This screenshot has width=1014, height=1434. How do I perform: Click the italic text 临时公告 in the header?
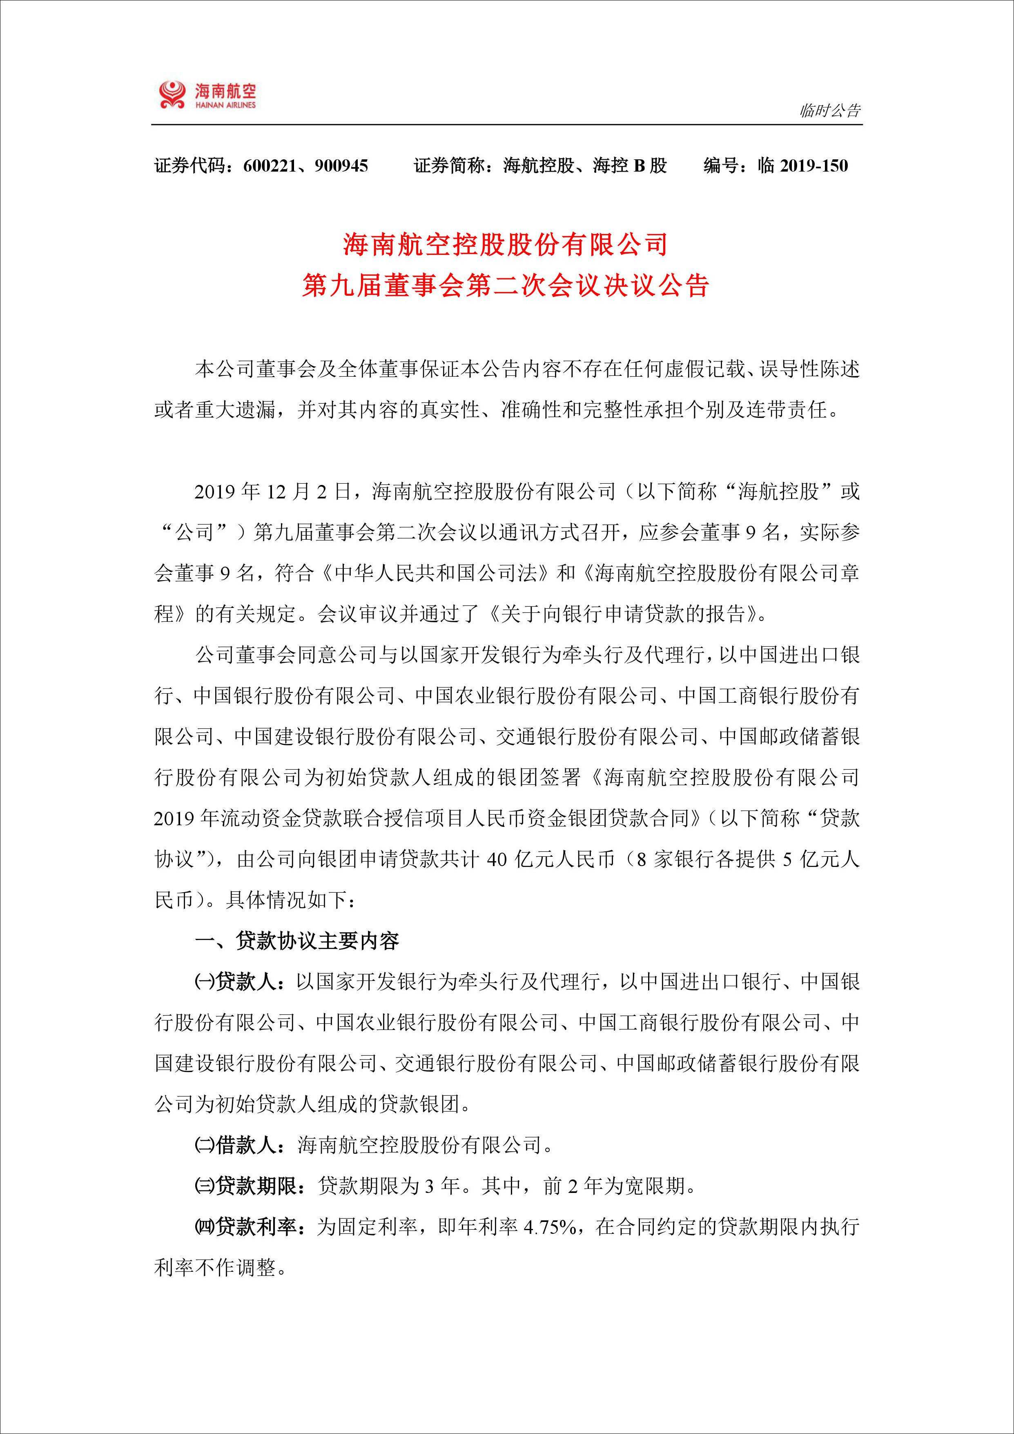pyautogui.click(x=830, y=111)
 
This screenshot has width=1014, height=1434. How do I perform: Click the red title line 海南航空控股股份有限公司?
pyautogui.click(x=506, y=244)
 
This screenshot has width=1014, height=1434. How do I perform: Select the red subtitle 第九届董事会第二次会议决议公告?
pyautogui.click(x=506, y=286)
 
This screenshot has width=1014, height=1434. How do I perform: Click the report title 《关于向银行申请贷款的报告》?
pyautogui.click(x=624, y=614)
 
